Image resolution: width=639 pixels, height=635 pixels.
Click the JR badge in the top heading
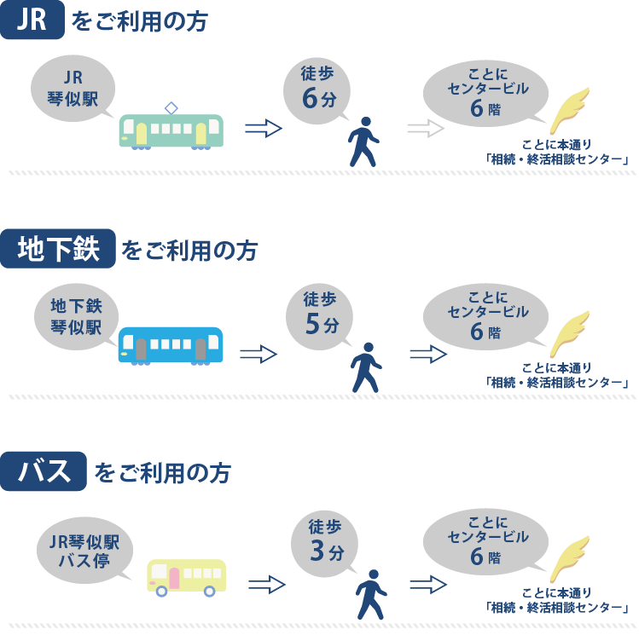(32, 20)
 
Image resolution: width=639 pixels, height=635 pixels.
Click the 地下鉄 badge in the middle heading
(58, 249)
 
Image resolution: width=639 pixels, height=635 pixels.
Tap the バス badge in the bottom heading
(44, 471)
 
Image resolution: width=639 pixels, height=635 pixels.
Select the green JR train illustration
(171, 131)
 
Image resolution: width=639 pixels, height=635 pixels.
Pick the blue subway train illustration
(171, 345)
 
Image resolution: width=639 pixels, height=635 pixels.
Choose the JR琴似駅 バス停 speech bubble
(84, 549)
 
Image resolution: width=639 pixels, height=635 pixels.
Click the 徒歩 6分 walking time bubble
(318, 89)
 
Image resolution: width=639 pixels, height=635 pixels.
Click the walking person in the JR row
(363, 141)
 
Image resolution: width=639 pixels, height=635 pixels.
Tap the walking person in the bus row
(371, 594)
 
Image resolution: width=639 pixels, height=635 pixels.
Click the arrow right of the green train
(263, 129)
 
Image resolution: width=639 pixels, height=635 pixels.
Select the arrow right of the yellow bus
(266, 584)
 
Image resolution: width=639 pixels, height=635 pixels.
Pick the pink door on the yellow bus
(174, 578)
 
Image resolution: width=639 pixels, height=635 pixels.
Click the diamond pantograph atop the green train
(171, 107)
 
